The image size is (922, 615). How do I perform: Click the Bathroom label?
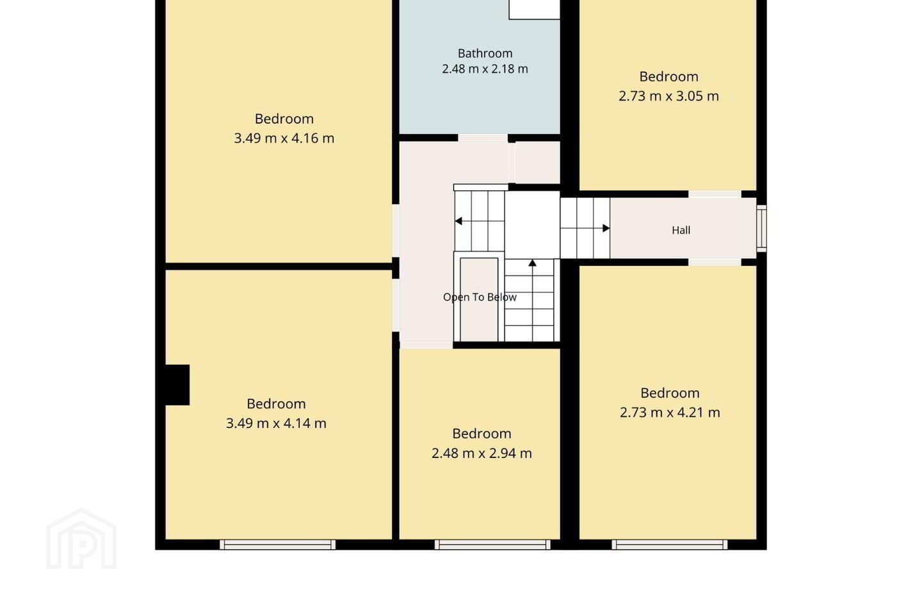click(485, 53)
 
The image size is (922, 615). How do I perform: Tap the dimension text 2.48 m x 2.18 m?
click(485, 69)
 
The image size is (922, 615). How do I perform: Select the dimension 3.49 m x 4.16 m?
click(284, 138)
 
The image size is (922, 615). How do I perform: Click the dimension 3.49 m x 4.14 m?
click(276, 423)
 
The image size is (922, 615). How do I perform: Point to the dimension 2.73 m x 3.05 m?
click(668, 96)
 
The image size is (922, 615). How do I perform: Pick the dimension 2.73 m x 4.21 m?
click(670, 413)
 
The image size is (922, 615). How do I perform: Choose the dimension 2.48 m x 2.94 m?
click(481, 453)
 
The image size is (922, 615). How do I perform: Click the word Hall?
click(681, 230)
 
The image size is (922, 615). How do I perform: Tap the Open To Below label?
click(480, 297)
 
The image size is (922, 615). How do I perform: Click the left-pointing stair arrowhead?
click(458, 221)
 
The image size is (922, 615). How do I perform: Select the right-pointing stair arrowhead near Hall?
click(606, 228)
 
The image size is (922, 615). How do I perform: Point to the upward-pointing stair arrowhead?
click(533, 263)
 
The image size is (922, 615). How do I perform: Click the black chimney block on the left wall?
click(177, 385)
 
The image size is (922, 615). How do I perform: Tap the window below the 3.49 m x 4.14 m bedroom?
click(277, 545)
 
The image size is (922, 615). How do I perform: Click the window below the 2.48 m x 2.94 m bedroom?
click(493, 545)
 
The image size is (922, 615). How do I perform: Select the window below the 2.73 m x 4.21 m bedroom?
click(670, 545)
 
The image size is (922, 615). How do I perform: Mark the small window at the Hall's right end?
click(761, 229)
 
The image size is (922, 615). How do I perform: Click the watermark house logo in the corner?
click(81, 539)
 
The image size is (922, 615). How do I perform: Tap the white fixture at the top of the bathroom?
click(534, 10)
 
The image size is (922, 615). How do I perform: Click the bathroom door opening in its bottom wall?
click(483, 138)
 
